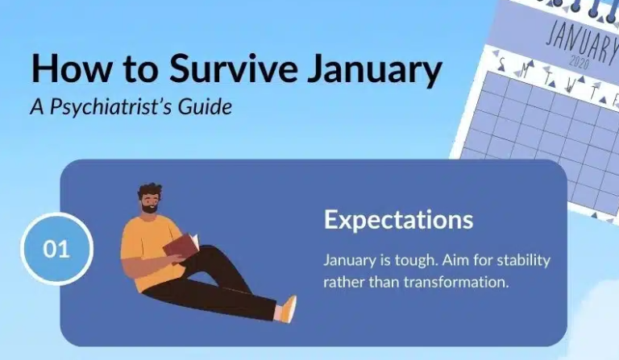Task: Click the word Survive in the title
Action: [218, 70]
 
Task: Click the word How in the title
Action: [66, 70]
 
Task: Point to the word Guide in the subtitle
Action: [207, 107]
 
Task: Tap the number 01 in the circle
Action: [56, 249]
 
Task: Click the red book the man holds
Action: [181, 244]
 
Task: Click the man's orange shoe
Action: [287, 309]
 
